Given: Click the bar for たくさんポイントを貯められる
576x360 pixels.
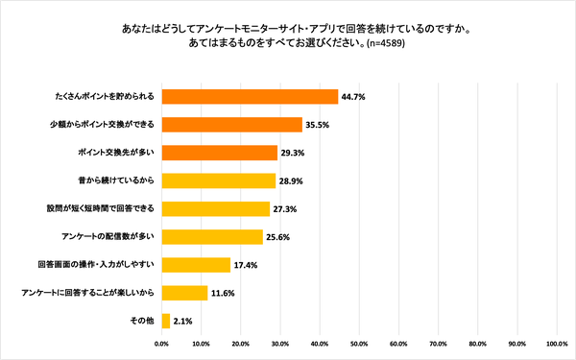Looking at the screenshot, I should tap(250, 96).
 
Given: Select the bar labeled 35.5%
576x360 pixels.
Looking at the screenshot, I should tap(231, 124).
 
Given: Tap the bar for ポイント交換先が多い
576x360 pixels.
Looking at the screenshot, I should tap(220, 152).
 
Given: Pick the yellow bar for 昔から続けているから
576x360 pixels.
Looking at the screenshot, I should tap(219, 180).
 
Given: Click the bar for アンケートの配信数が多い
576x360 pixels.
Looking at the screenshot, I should tap(212, 236).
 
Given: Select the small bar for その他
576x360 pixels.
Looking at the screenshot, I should tap(166, 320).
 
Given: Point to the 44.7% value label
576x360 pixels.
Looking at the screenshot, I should tap(353, 96).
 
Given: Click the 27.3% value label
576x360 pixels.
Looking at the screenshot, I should tap(285, 208).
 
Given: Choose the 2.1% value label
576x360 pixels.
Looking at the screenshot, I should tap(184, 320).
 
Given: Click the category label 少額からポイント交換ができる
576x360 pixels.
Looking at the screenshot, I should tap(103, 124).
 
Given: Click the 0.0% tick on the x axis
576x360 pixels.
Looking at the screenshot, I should tap(162, 343).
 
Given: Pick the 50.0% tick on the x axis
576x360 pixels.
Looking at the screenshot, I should tap(360, 343).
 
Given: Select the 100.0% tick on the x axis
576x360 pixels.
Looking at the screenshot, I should tap(557, 343).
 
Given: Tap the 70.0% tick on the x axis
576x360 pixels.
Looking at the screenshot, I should tap(439, 343).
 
